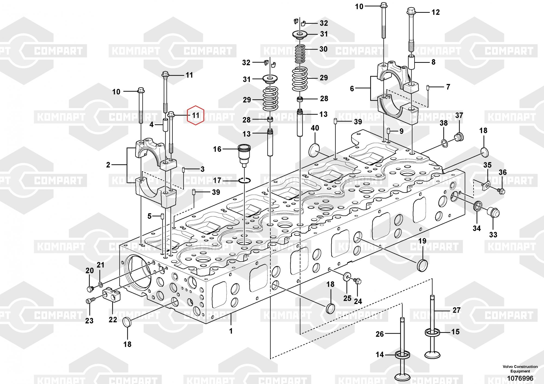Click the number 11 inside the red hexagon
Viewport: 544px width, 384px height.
tap(196, 115)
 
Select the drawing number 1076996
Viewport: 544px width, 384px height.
tap(520, 378)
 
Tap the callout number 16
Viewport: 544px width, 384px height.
tap(217, 149)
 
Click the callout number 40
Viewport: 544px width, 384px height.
tap(315, 128)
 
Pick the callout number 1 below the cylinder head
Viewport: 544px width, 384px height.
tap(231, 331)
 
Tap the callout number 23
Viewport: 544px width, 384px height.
tap(89, 321)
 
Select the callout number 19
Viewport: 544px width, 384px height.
tap(422, 241)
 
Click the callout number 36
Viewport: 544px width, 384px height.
tap(503, 172)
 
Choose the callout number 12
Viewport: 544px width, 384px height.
tap(435, 12)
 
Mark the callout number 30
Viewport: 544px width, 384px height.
tap(323, 49)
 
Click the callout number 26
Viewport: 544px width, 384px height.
tap(380, 334)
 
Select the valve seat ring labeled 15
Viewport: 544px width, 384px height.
tap(432, 332)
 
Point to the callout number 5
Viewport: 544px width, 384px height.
tap(149, 216)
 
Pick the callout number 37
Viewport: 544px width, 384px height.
tap(459, 115)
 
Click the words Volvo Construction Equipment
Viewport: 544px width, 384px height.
tap(520, 369)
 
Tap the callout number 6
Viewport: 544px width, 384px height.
tap(352, 89)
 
